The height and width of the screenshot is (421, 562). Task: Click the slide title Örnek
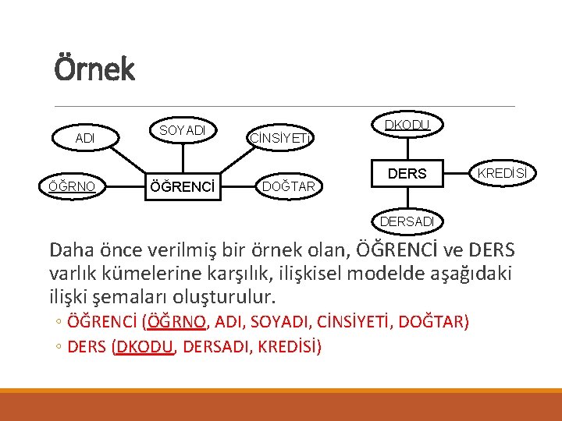click(94, 69)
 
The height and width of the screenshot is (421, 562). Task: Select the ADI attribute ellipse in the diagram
click(85, 138)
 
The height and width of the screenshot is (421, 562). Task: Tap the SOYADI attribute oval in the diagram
click(182, 130)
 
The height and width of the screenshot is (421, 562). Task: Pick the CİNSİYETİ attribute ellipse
click(280, 139)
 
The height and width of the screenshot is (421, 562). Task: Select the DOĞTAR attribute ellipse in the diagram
click(288, 186)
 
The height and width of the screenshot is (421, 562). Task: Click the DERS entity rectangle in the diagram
click(407, 174)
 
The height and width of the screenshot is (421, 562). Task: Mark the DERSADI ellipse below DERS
click(407, 221)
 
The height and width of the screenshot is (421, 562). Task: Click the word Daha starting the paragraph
click(71, 250)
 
